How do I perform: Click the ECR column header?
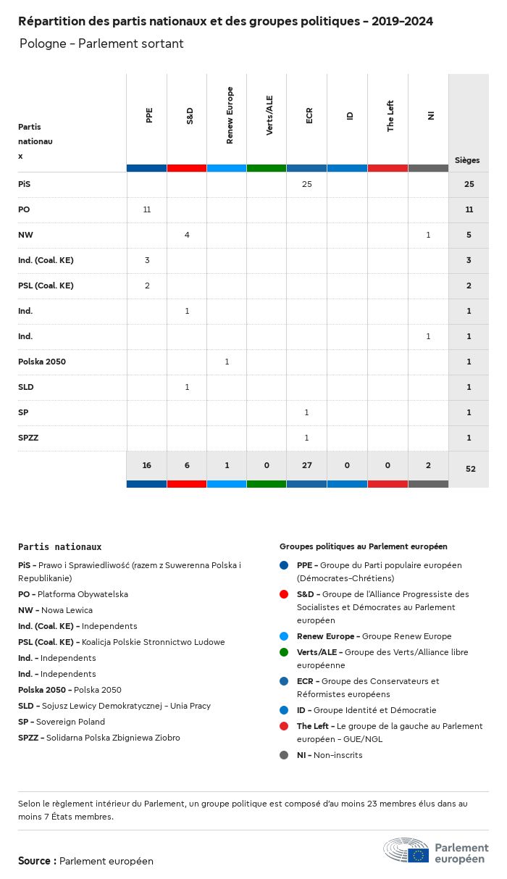309,115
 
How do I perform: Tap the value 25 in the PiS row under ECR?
306,184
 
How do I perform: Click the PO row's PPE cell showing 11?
147,209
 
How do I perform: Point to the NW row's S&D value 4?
187,235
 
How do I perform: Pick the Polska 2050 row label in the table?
42,362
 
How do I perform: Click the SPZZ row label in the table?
28,438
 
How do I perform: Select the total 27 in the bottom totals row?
306,465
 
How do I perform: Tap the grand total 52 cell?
470,469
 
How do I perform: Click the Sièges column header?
467,160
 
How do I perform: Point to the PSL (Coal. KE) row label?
46,286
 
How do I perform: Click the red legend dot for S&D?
285,594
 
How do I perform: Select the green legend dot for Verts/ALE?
285,652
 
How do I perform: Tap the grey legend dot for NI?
285,755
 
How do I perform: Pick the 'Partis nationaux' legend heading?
59,547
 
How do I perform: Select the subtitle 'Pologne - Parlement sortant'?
101,44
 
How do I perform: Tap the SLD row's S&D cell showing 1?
187,387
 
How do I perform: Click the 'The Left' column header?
390,116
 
